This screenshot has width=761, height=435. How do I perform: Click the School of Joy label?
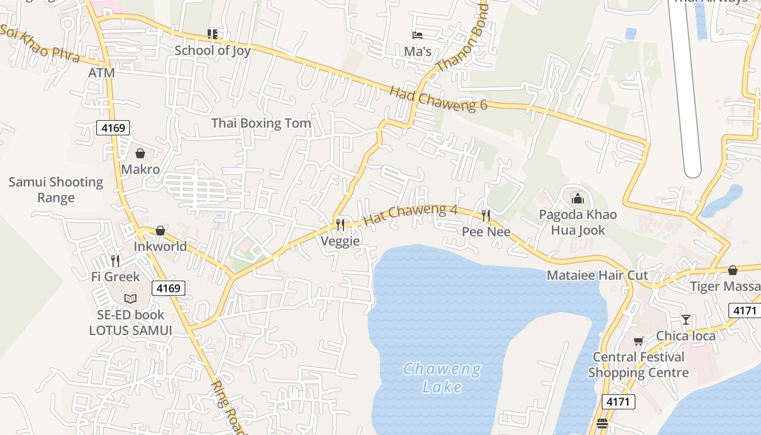[x=213, y=51]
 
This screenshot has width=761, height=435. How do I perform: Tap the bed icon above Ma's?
[x=417, y=35]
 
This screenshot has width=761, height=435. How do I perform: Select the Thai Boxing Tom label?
[x=261, y=123]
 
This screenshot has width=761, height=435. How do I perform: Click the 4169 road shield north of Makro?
[x=113, y=128]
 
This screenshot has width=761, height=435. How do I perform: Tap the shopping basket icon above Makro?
[x=140, y=153]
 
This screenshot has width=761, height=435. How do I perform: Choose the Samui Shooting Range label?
[x=55, y=190]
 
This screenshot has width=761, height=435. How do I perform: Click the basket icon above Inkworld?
[x=160, y=231]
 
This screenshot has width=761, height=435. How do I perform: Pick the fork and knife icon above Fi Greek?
[x=115, y=261]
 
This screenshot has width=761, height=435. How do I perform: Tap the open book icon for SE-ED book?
[x=130, y=299]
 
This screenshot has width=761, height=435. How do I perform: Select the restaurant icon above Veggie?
[x=340, y=225]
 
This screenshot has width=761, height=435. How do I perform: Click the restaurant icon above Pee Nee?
[x=486, y=216]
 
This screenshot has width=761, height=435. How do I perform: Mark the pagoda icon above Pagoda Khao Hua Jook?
[x=577, y=198]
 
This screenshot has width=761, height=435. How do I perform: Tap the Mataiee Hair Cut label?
[x=597, y=275]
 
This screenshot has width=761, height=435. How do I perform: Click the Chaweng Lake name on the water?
[x=442, y=378]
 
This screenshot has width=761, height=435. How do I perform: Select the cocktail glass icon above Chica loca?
[x=686, y=320]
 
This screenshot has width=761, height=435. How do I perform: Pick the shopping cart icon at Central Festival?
[x=638, y=341]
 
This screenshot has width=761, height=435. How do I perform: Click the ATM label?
[x=102, y=72]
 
